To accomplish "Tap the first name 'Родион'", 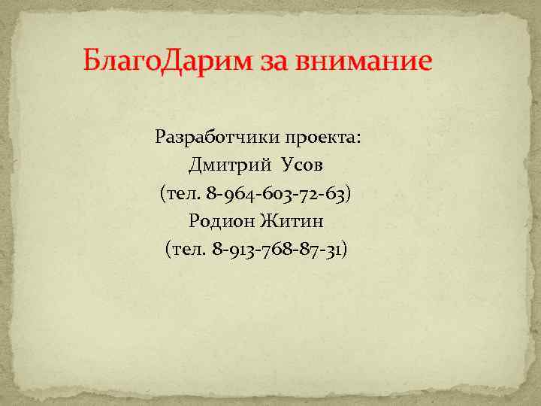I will tap(222, 221).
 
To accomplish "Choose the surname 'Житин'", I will tap(293, 221).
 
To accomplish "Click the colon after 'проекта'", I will tap(358, 140).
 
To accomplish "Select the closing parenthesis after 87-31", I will tap(344, 249).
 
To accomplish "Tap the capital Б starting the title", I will tap(92, 58).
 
